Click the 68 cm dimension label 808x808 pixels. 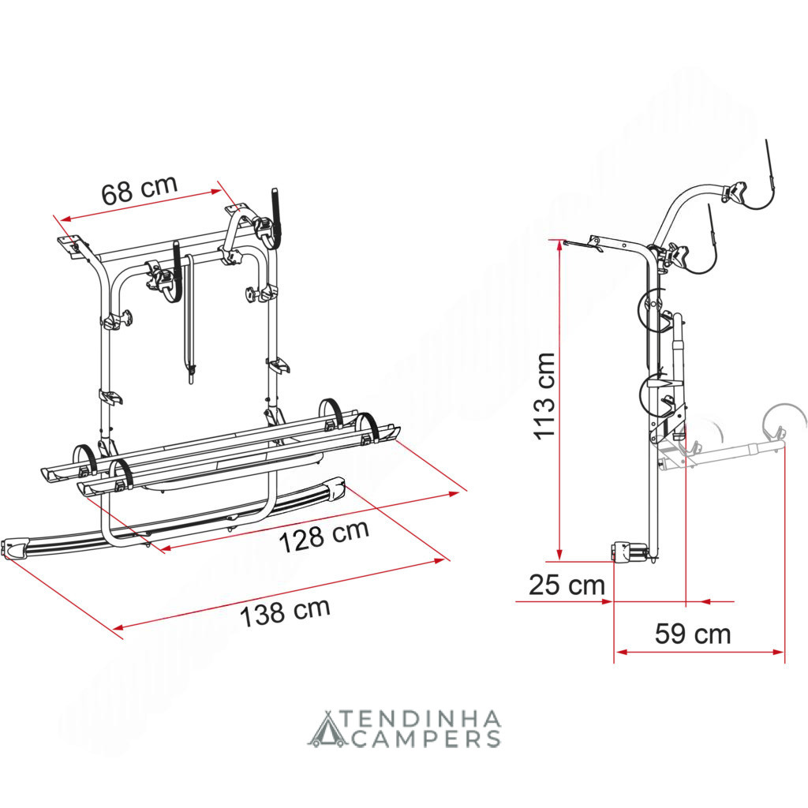click(139, 189)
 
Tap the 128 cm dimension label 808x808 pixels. click(324, 536)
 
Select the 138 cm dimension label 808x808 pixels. click(285, 612)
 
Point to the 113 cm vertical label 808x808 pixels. click(545, 396)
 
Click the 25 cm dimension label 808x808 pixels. click(567, 585)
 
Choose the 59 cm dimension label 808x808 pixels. click(693, 634)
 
